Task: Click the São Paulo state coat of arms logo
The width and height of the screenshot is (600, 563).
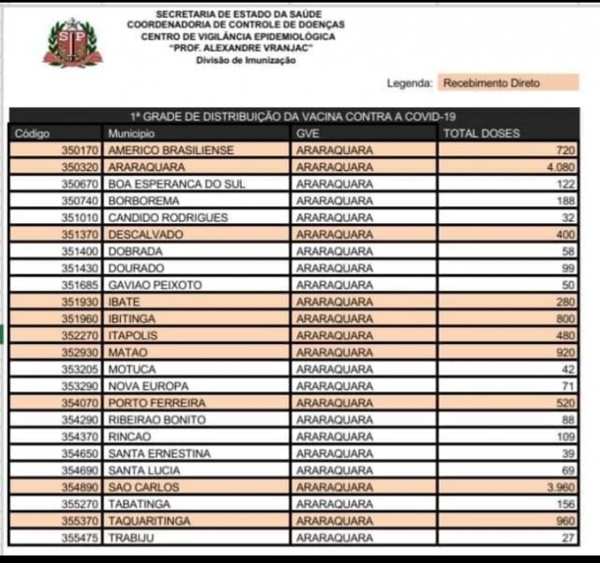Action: coord(73,44)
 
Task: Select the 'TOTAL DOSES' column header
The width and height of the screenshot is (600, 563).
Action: coord(482,134)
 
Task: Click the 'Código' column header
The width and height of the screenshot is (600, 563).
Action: coord(33,134)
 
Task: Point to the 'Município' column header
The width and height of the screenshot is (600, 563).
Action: coord(132,134)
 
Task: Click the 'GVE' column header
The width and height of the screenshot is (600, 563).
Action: coord(308,134)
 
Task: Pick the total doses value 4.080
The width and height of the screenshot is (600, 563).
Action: coord(560,167)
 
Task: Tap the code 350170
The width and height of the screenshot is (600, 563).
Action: coord(81,150)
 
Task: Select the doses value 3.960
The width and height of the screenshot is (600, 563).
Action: coord(560,488)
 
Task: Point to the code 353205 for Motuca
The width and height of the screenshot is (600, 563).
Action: coord(81,369)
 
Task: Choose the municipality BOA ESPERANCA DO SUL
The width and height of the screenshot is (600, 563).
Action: coord(177,184)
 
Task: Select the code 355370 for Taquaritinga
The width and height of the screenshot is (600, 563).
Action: coord(81,522)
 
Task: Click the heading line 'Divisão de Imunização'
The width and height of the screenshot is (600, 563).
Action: coord(245,61)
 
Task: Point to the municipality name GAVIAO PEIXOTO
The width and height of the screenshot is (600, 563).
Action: coord(155,286)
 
